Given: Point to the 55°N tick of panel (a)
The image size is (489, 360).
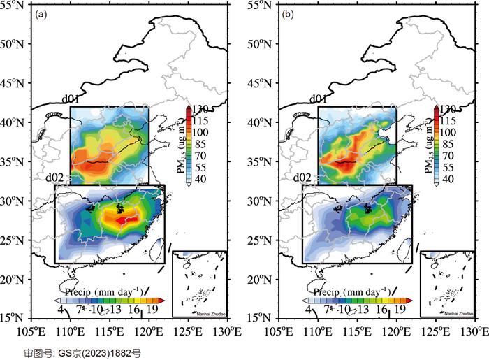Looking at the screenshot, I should coord(15,5).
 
